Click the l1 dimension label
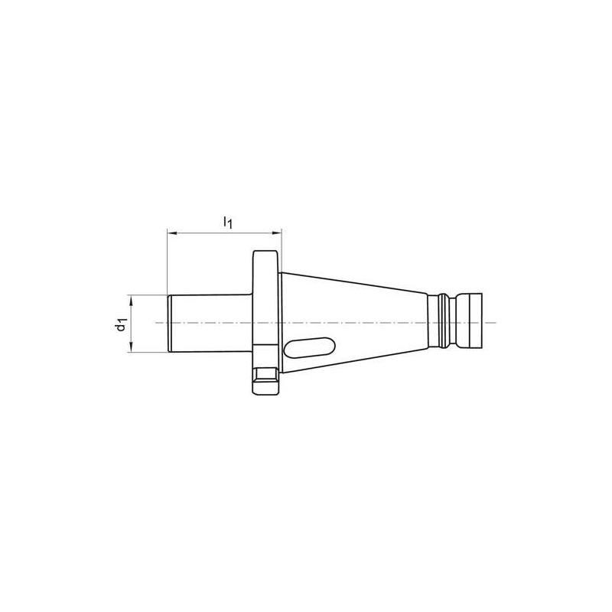click(227, 222)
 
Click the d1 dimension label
click(120, 324)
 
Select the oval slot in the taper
click(309, 348)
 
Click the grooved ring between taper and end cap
click(441, 322)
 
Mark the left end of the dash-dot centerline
click(156, 323)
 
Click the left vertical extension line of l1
click(167, 260)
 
